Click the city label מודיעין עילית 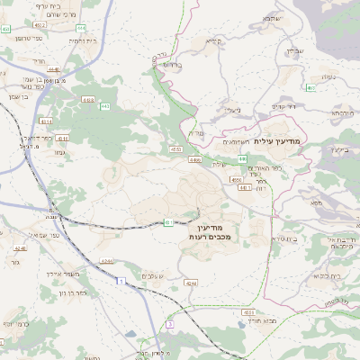point(281,142)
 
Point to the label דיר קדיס point(283,107)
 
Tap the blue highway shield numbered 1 point(119,282)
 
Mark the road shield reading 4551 point(248,310)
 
